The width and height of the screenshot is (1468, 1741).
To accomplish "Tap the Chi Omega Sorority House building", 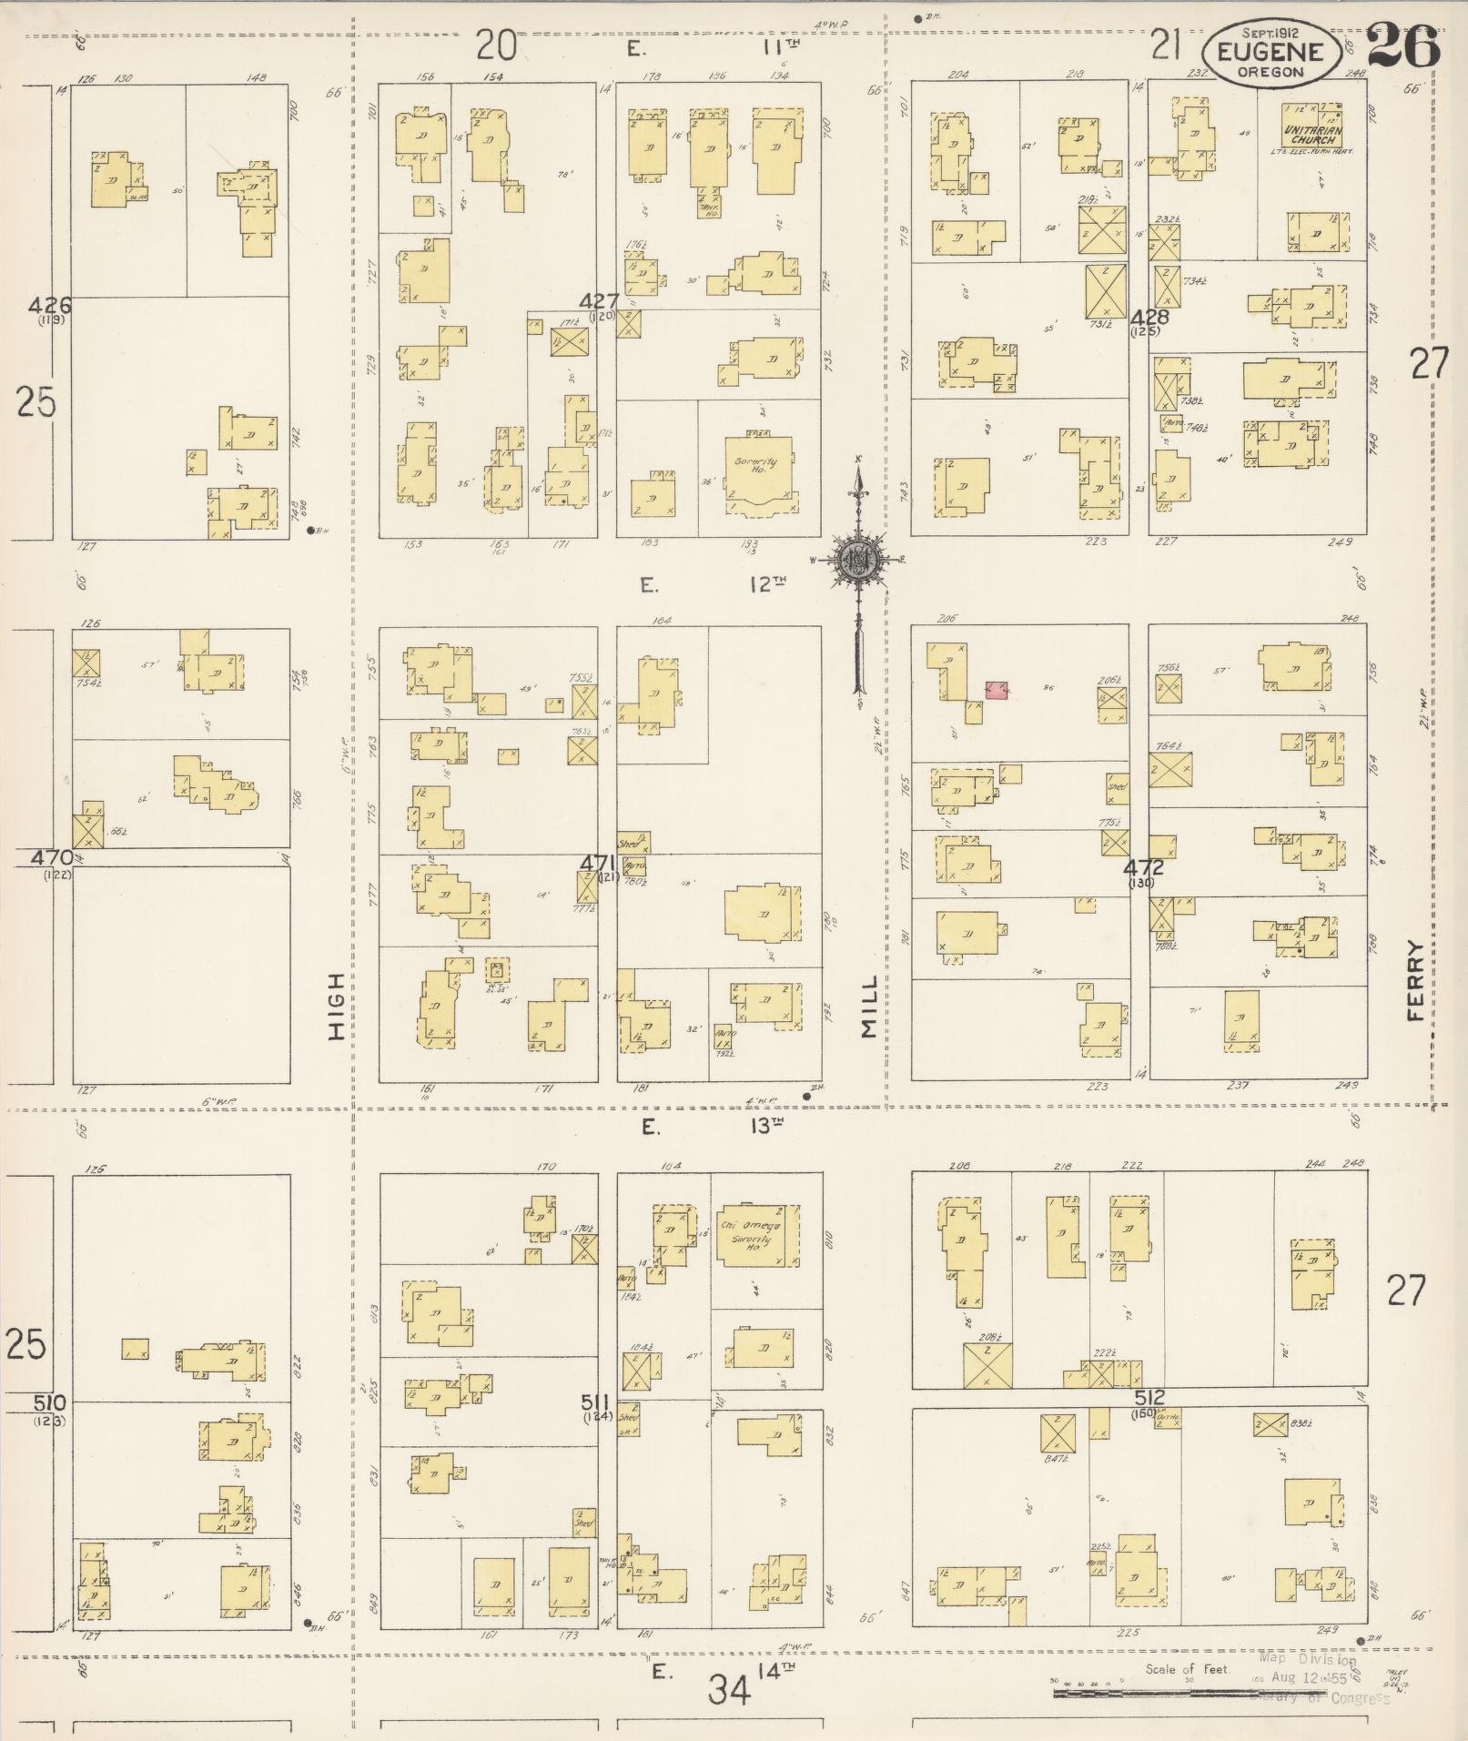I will pyautogui.click(x=748, y=1235).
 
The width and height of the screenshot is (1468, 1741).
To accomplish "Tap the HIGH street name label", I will pyautogui.click(x=338, y=1006).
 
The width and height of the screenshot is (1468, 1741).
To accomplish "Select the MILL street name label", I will pyautogui.click(x=869, y=1006).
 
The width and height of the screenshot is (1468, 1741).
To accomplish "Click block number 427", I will pyautogui.click(x=601, y=301).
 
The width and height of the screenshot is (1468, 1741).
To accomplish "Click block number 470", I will pyautogui.click(x=52, y=857).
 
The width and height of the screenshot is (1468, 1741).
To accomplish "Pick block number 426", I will pyautogui.click(x=49, y=305).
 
